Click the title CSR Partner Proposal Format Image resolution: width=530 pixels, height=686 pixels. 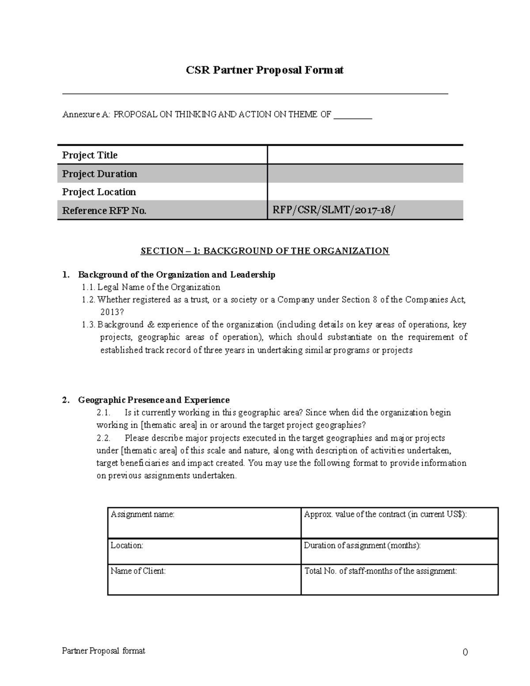[265, 70]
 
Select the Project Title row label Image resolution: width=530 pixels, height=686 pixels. [90, 155]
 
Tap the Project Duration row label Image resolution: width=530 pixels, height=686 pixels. [99, 174]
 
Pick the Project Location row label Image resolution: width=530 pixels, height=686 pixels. [99, 192]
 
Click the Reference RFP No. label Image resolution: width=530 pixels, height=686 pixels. [104, 211]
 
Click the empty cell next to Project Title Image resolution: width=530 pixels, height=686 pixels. [365, 155]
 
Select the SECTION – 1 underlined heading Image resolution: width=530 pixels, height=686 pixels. [265, 251]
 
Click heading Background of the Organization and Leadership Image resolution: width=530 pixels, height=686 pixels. [177, 275]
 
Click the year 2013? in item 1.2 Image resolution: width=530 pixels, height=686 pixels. [110, 312]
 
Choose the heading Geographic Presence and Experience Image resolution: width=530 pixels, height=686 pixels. [154, 400]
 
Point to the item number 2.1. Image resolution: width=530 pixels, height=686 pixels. [103, 413]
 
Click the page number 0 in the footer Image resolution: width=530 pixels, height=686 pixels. [465, 652]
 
